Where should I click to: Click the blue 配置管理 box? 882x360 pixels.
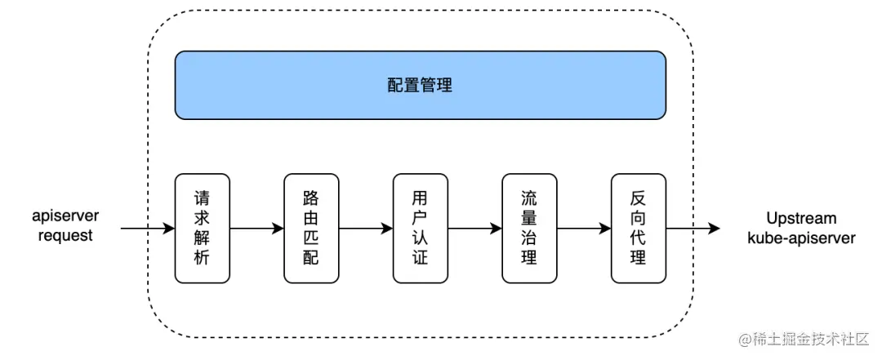[x=420, y=85]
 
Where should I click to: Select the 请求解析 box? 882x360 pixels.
[x=203, y=229]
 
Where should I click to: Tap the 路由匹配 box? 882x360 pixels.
[x=311, y=229]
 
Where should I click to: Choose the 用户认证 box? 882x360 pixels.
[x=420, y=229]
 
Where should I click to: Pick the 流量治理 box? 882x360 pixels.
[x=529, y=229]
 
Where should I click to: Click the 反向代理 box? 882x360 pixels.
[x=638, y=229]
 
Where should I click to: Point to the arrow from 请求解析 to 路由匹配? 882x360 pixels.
[x=256, y=229]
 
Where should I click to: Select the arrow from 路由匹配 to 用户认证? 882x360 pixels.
[x=365, y=229]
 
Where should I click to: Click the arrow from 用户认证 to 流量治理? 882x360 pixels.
[x=474, y=229]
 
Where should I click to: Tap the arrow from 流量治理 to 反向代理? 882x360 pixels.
[x=583, y=229]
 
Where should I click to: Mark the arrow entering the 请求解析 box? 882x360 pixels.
[x=147, y=229]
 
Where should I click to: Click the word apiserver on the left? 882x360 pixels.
[x=65, y=217]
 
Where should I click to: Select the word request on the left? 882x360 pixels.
[x=65, y=236]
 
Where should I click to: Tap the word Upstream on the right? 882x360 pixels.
[x=801, y=218]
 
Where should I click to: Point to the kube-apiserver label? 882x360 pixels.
[x=801, y=238]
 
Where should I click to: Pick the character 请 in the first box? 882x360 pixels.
[x=203, y=199]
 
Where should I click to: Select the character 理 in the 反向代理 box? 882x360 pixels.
[x=638, y=258]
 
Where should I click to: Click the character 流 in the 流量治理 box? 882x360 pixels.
[x=529, y=199]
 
